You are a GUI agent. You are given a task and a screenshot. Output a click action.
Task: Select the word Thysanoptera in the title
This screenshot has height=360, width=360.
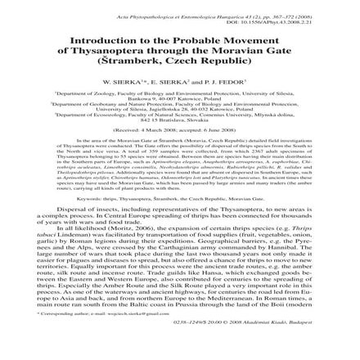tap(151, 48)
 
